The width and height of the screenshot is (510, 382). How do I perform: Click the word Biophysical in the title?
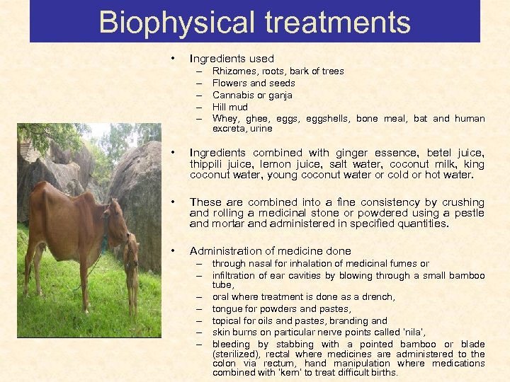pos(166,22)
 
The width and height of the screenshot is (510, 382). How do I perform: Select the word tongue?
pos(227,309)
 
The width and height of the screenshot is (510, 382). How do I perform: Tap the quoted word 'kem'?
pos(310,373)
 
